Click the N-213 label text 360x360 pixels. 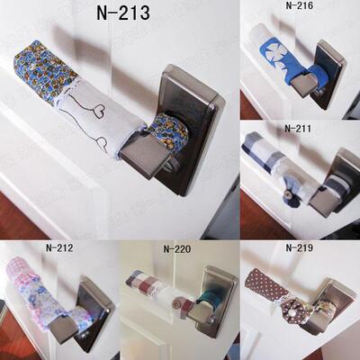click(123, 13)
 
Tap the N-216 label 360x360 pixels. click(299, 5)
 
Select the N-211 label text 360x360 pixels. click(298, 129)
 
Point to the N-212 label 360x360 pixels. click(59, 247)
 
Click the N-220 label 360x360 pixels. click(177, 249)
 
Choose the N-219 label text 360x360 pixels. click(300, 247)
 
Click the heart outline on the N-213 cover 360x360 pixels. click(98, 111)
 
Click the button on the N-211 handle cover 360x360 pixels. click(288, 196)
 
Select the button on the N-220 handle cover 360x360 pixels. click(182, 301)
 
